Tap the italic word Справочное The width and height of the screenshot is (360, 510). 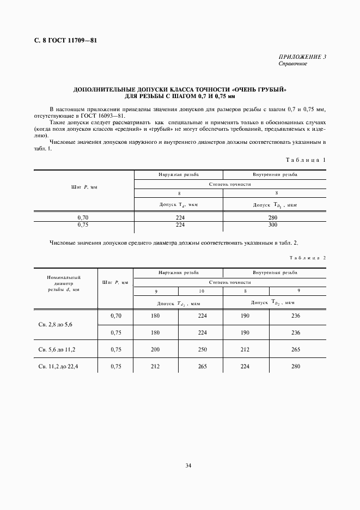(x=292, y=64)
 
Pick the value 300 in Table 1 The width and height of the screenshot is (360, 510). (x=273, y=224)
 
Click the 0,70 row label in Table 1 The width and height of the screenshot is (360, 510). (x=83, y=217)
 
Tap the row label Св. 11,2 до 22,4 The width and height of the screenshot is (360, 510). (x=58, y=367)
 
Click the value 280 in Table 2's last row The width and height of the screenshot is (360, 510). (x=296, y=367)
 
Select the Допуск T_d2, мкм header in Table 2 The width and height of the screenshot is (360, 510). (x=179, y=302)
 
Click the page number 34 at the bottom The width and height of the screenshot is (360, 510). (x=188, y=466)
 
